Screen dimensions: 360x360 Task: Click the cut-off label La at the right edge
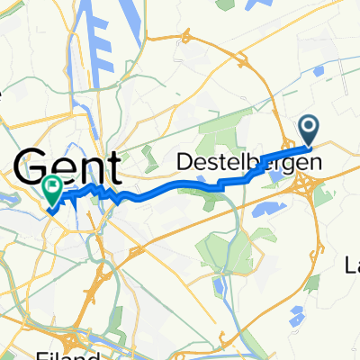coord(351,264)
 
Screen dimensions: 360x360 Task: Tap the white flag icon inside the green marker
coord(53,189)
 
